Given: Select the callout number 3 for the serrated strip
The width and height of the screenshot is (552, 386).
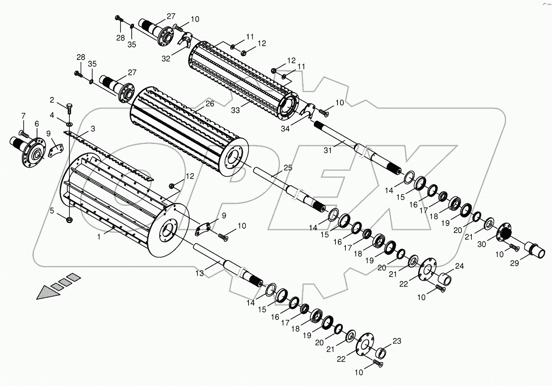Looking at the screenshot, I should pyautogui.click(x=93, y=129).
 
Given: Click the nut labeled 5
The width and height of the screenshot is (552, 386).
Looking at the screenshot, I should pyautogui.click(x=69, y=219).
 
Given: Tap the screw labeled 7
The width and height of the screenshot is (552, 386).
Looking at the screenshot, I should pyautogui.click(x=23, y=134).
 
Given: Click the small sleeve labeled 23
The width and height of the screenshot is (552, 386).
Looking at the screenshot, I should pyautogui.click(x=380, y=353).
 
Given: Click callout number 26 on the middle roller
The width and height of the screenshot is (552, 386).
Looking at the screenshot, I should pyautogui.click(x=209, y=104).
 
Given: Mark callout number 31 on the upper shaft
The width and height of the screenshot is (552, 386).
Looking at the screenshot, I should pyautogui.click(x=328, y=150).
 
